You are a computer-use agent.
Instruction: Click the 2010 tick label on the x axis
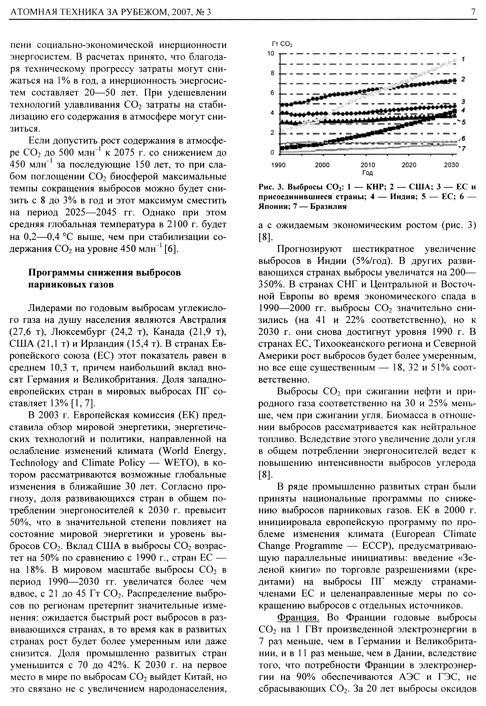click(368, 165)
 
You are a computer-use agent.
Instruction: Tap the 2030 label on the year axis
click(451, 165)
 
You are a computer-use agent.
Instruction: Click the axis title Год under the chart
click(368, 173)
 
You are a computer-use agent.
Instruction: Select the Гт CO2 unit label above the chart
click(282, 45)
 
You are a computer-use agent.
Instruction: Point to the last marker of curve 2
click(455, 80)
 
